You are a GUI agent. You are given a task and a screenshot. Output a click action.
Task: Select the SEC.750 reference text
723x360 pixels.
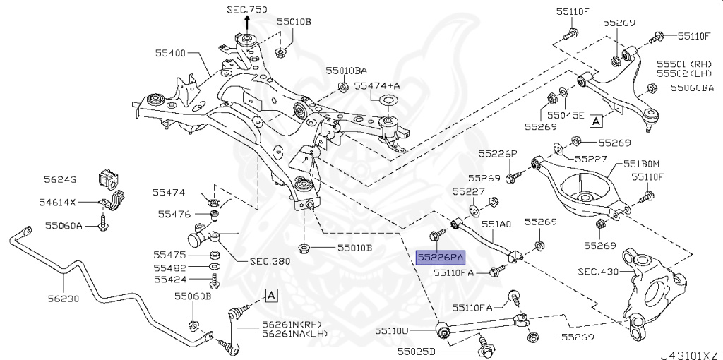tap(248, 10)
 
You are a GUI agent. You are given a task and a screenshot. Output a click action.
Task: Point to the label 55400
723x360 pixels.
tap(169, 53)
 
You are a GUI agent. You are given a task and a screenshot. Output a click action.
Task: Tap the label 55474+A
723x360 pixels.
tap(377, 85)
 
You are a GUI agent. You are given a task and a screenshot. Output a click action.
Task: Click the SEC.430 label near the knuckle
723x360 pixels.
tap(597, 271)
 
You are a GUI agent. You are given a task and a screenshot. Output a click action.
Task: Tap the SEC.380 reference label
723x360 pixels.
tap(270, 260)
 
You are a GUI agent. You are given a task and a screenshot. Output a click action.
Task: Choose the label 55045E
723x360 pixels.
tap(567, 114)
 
